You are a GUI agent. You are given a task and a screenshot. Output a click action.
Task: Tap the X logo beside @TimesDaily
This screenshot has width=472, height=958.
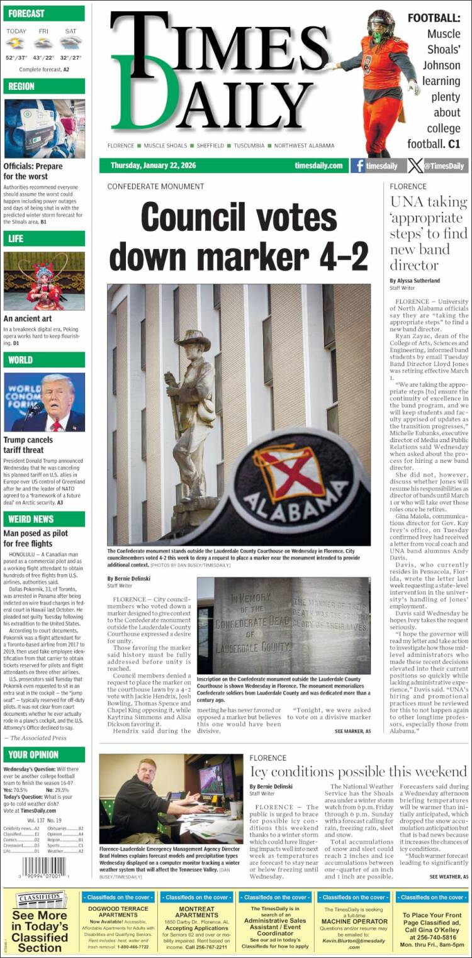[x=415, y=166]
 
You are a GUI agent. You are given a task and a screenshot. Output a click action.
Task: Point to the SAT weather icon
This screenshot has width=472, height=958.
[x=70, y=43]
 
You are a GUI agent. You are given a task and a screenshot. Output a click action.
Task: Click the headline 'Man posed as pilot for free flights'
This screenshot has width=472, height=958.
[x=37, y=539]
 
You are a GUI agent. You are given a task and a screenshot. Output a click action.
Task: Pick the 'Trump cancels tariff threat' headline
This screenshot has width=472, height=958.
[x=29, y=445]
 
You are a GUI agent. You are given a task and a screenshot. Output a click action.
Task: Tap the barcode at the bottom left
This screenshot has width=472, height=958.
[x=37, y=869]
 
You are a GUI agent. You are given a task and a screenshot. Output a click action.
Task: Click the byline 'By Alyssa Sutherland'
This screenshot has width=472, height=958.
[x=415, y=281]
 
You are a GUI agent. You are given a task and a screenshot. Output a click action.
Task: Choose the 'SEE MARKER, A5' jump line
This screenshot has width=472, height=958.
[x=352, y=732]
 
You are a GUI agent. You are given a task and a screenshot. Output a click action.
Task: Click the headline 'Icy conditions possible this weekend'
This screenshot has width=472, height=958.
[x=358, y=772]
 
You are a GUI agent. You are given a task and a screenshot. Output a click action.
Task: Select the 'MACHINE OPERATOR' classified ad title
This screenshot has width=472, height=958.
[x=354, y=921]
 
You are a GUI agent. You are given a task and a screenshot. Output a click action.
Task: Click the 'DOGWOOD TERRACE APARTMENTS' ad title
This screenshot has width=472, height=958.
[x=118, y=913]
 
